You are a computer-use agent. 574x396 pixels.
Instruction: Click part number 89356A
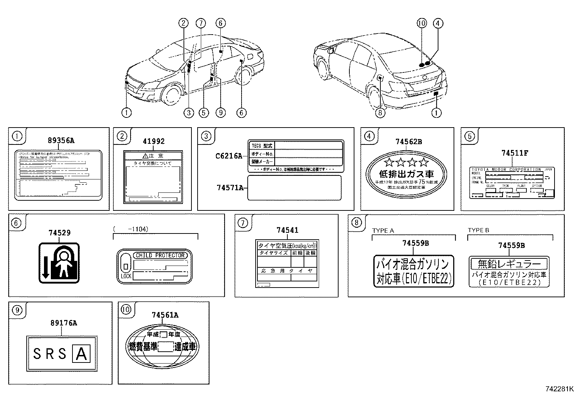point(61,141)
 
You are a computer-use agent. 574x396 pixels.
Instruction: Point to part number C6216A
point(229,156)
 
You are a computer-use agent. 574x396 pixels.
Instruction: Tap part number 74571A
point(230,187)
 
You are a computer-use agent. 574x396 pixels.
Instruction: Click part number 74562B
point(408,142)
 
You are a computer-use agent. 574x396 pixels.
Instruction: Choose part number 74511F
point(515,153)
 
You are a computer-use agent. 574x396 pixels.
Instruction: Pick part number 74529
point(59,233)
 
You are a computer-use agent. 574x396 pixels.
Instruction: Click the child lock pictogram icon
point(59,263)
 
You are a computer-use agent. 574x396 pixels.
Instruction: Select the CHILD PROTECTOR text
point(160,255)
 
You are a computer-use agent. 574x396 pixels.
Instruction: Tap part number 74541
point(287,230)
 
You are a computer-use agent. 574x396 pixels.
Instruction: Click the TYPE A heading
point(383,231)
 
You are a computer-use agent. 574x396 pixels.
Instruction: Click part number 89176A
point(63,323)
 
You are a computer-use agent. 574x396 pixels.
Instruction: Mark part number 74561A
point(165,315)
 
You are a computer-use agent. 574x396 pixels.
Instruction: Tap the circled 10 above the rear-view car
point(421,23)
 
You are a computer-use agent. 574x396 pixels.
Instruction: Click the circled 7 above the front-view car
point(200,23)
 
